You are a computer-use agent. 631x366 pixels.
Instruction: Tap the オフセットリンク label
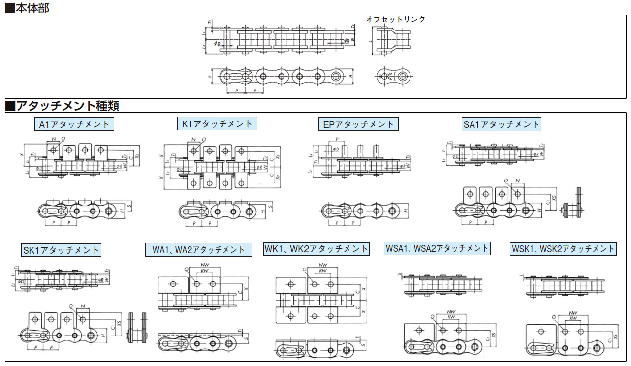(x=395, y=19)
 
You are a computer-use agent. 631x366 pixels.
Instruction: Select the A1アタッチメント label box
(x=74, y=124)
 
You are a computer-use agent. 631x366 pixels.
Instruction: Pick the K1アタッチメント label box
(x=217, y=123)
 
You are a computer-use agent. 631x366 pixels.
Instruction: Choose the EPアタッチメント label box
(x=358, y=124)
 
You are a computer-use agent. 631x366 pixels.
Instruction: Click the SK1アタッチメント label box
(x=62, y=250)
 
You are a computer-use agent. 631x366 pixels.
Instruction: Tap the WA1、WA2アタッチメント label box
(x=198, y=249)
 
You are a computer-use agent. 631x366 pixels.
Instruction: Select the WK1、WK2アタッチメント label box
(x=316, y=249)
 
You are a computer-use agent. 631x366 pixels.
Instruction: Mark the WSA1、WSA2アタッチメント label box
(x=437, y=248)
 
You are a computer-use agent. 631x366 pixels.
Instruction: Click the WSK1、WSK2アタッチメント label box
(x=563, y=249)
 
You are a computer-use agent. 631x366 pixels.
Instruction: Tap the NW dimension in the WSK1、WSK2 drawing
(x=573, y=313)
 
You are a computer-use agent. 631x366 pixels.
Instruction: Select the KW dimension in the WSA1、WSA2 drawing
(x=450, y=317)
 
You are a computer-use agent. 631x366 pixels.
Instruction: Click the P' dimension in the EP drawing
(x=338, y=139)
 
